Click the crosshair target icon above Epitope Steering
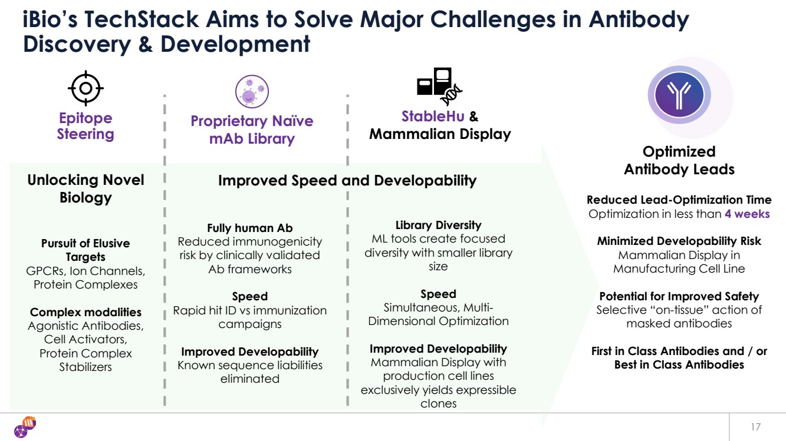click(x=85, y=89)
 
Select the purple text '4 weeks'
click(x=747, y=214)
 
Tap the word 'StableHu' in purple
click(x=432, y=116)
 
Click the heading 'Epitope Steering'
click(x=85, y=126)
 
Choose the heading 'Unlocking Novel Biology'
click(x=85, y=188)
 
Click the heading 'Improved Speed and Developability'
click(x=347, y=181)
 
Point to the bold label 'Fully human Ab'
click(x=250, y=228)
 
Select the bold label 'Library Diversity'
click(x=438, y=225)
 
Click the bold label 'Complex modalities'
click(x=85, y=312)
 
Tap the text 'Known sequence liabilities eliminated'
click(x=250, y=372)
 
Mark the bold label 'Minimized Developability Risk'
click(x=679, y=241)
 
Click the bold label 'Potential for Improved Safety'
click(x=679, y=296)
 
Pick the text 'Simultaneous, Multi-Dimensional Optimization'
click(x=438, y=314)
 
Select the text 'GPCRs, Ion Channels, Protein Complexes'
click(x=85, y=278)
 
